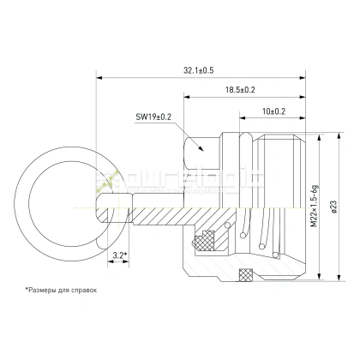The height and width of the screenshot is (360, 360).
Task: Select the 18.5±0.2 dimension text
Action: click(x=241, y=90)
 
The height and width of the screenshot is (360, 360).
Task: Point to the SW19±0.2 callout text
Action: click(x=154, y=116)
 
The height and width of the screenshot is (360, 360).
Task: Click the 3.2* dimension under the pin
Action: click(x=120, y=255)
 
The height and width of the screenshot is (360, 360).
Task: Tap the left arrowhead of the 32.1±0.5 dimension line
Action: click(x=99, y=76)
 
